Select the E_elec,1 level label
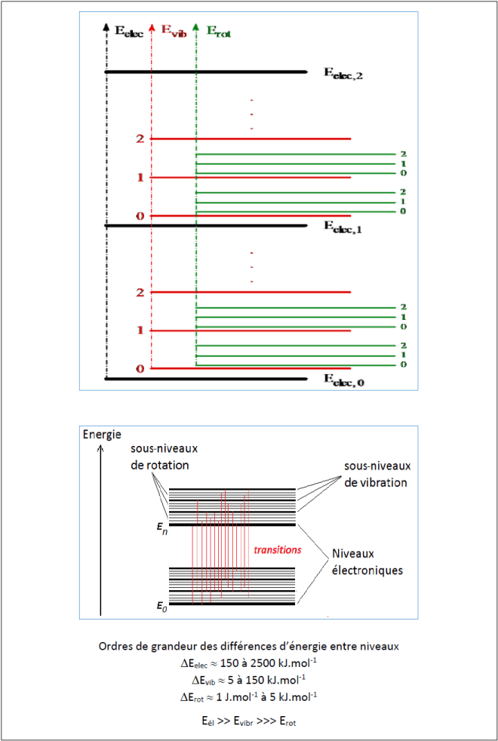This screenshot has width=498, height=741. [x=344, y=226]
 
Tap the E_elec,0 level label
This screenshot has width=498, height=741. [x=344, y=382]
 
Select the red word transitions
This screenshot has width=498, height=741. [x=278, y=550]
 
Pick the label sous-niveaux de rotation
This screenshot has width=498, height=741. [x=158, y=457]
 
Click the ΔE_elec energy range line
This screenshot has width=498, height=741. [x=248, y=664]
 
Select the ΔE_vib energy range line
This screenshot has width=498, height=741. [x=248, y=680]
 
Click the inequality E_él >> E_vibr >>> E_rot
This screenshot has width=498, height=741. [x=248, y=721]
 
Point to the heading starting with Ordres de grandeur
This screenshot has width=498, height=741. [x=248, y=647]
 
